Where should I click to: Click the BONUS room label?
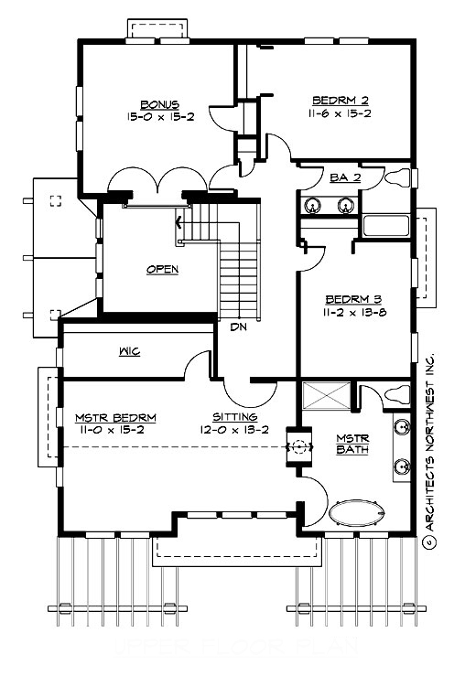click(x=159, y=104)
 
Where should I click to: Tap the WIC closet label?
click(x=128, y=351)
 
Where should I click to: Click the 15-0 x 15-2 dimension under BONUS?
click(x=160, y=116)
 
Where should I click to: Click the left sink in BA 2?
click(x=312, y=206)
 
